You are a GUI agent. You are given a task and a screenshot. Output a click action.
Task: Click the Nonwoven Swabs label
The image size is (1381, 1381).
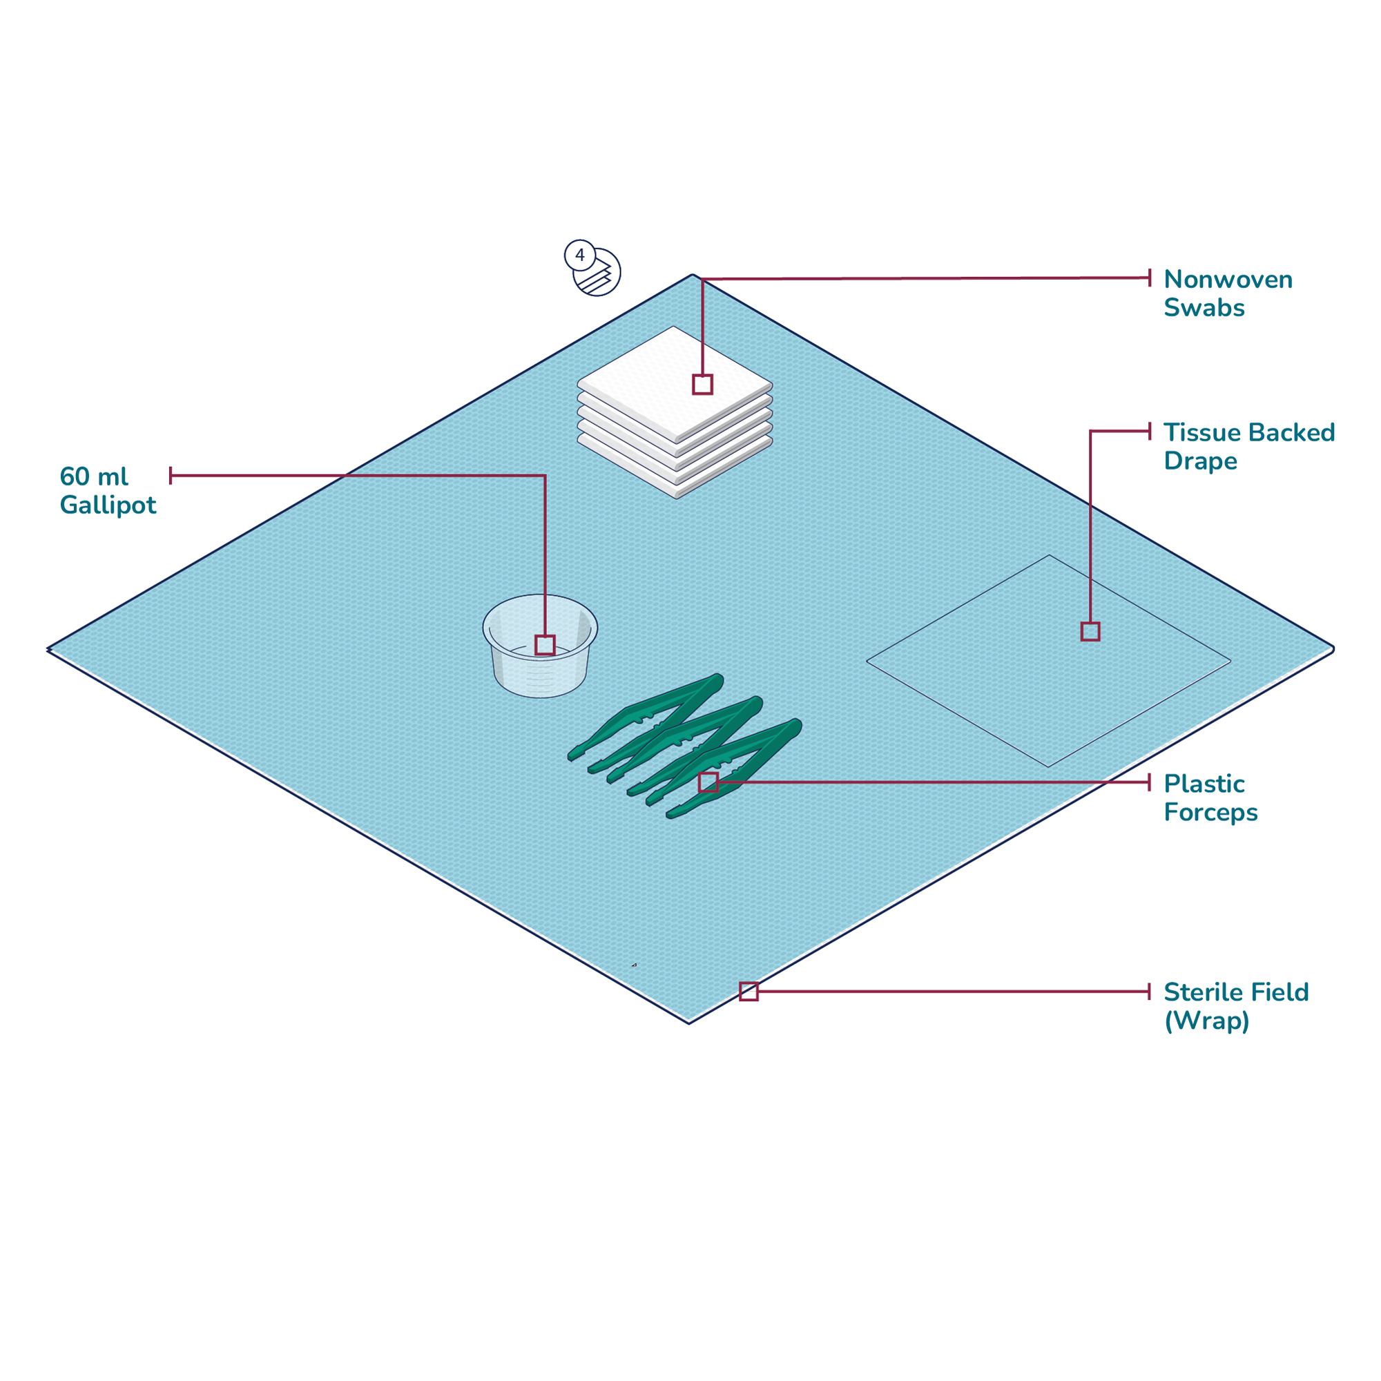(x=1227, y=293)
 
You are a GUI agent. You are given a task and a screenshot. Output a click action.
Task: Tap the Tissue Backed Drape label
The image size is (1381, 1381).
(x=1248, y=446)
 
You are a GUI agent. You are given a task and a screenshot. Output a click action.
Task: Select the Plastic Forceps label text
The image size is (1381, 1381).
(x=1210, y=798)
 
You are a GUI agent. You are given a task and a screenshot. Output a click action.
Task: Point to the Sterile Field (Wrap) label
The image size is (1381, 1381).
(x=1235, y=1006)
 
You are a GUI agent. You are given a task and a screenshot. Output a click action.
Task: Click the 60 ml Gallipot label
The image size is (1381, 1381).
(x=107, y=490)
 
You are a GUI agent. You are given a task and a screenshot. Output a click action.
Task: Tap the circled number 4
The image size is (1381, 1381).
(x=580, y=255)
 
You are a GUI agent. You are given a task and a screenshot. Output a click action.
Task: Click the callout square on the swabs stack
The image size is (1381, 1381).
(x=702, y=385)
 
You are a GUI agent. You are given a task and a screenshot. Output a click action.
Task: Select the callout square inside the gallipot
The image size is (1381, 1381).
(x=545, y=645)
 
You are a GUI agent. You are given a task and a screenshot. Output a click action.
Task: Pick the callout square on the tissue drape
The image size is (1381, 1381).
(x=1090, y=631)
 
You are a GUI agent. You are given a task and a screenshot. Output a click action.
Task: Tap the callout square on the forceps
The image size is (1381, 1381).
(x=708, y=782)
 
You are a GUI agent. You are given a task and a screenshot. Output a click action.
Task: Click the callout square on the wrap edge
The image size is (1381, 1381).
(x=749, y=992)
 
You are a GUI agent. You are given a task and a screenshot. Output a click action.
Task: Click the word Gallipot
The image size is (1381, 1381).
(x=107, y=505)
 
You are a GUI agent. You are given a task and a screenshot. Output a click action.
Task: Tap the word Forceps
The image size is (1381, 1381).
(x=1210, y=813)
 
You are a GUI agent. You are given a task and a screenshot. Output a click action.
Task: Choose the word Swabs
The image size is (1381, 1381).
(x=1204, y=308)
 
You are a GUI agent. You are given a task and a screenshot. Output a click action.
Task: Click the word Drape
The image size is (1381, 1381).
(x=1199, y=461)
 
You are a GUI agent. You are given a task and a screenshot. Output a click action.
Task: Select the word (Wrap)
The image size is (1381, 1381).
(x=1206, y=1021)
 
